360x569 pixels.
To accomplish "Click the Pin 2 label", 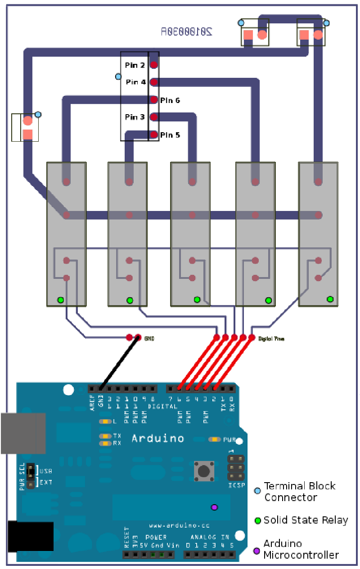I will (135, 65).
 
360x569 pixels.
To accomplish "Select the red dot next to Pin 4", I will (153, 82).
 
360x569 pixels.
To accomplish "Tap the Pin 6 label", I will (170, 100).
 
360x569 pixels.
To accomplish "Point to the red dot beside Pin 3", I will (153, 117).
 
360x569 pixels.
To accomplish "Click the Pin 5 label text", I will (170, 135).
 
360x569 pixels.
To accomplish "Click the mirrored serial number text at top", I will (186, 31).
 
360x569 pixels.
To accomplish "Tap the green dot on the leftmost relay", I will (60, 300).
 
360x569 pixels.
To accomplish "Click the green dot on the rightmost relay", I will (330, 299).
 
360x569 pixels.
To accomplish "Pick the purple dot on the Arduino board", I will (214, 507).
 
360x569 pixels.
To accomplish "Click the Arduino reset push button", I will (204, 471).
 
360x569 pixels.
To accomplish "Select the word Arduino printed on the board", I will (157, 438).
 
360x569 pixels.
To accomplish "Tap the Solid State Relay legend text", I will (306, 520).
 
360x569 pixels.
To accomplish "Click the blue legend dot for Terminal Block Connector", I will (257, 491).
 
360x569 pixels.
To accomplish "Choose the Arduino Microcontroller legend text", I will (301, 549).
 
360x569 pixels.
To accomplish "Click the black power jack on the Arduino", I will (31, 537).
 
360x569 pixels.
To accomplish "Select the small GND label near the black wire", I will (149, 338).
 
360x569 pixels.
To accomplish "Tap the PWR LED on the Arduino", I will (215, 439).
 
